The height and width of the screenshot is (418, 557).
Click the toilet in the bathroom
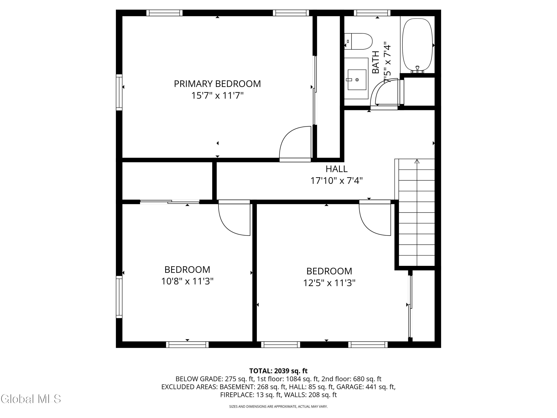[x=358, y=41]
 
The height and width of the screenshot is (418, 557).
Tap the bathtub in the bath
[x=418, y=45]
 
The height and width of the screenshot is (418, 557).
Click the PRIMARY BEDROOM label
[x=217, y=84]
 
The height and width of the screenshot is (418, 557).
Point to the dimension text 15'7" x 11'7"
[x=217, y=96]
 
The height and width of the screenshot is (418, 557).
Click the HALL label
[x=336, y=169]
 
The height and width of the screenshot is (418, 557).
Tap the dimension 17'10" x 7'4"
[x=336, y=181]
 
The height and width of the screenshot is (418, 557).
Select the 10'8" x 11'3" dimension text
[x=187, y=281]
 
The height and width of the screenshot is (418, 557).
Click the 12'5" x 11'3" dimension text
[x=329, y=283]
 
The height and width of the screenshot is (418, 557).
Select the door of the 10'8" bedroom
[x=234, y=218]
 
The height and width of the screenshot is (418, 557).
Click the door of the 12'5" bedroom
[x=375, y=218]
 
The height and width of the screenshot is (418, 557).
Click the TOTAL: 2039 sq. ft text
[x=278, y=371]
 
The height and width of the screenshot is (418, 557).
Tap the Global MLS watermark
[x=31, y=399]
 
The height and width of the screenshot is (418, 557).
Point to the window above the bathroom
[x=372, y=13]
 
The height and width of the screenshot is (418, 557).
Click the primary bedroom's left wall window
[x=119, y=92]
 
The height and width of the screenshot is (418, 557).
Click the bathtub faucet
[x=418, y=69]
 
